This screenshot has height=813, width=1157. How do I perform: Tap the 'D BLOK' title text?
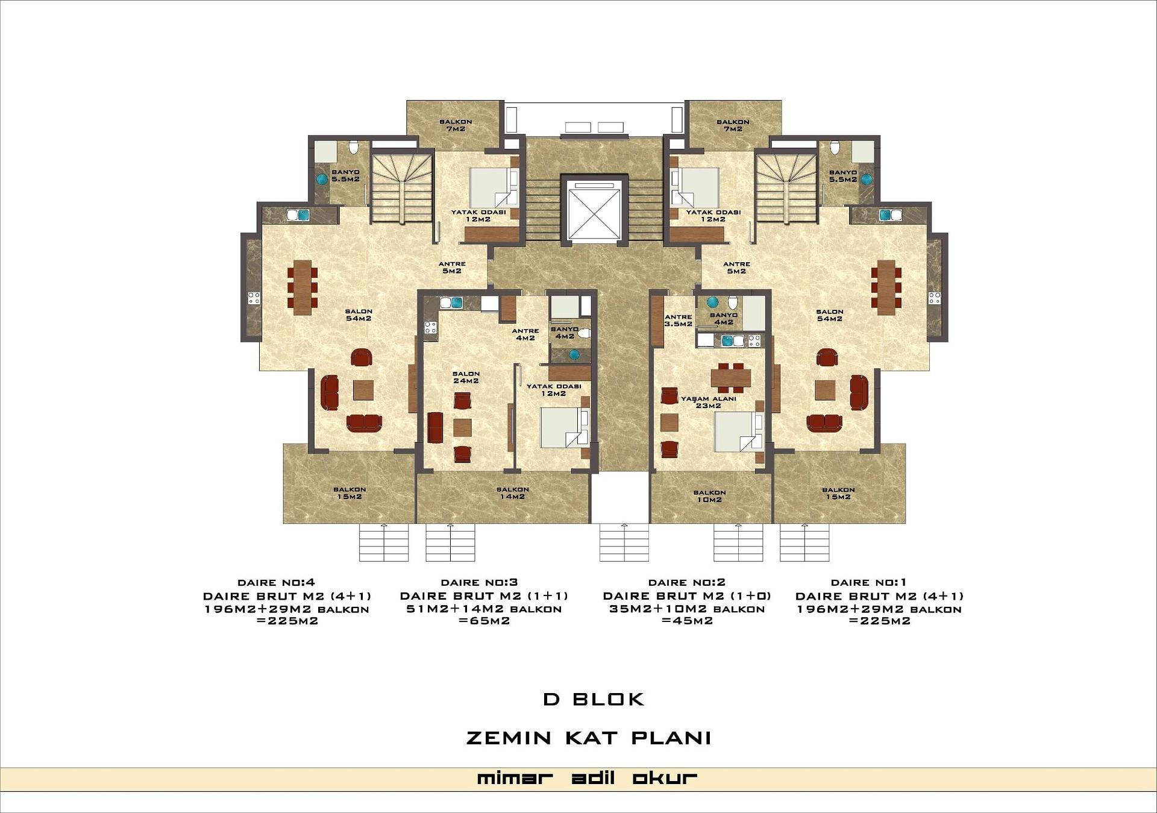[594, 699]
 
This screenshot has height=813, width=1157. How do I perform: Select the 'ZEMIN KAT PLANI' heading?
[589, 738]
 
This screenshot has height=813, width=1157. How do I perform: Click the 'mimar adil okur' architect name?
[587, 778]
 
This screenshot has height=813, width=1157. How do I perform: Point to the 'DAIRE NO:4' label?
[277, 582]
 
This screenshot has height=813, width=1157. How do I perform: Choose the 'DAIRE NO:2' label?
[687, 582]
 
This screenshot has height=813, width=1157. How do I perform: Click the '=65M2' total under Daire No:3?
[484, 621]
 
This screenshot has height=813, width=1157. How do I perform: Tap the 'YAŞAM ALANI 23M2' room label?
[709, 402]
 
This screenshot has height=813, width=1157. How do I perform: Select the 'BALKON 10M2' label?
[709, 496]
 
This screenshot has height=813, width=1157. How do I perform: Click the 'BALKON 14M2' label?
[513, 493]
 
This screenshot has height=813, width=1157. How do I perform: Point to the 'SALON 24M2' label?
[466, 377]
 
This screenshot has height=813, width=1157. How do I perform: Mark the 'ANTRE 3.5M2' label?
[679, 321]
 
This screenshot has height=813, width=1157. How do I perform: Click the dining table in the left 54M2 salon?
[302, 287]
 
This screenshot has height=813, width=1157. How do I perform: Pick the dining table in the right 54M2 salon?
[886, 287]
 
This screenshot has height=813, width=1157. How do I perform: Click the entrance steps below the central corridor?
[624, 542]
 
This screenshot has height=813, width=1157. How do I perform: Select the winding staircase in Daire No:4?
[401, 188]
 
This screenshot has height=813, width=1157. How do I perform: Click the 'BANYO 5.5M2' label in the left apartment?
[345, 175]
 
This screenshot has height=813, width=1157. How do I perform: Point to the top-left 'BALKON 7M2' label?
[456, 125]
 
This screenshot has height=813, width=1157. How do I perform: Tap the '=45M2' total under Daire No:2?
[687, 621]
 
